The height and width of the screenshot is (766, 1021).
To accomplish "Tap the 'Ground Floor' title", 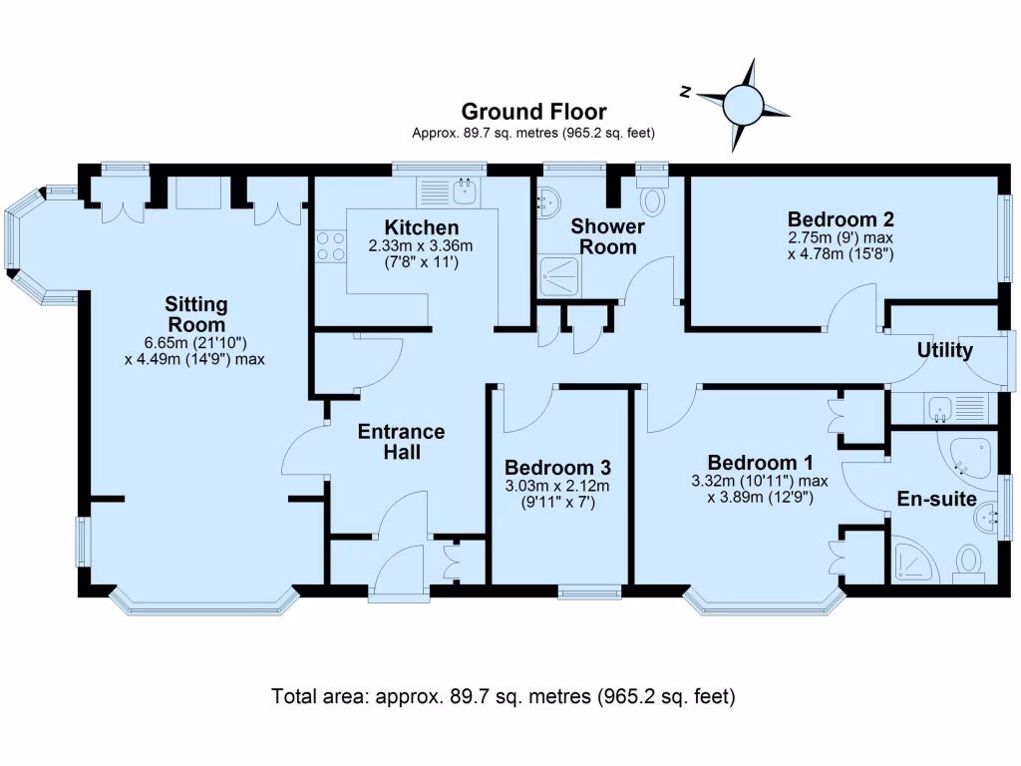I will tap(533, 112).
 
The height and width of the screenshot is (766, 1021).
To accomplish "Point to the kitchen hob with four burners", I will tap(330, 246).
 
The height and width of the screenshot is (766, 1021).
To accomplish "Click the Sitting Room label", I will tap(195, 314).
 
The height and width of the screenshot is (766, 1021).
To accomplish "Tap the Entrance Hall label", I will tap(401, 442).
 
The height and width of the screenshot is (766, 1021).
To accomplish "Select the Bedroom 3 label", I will tap(557, 467).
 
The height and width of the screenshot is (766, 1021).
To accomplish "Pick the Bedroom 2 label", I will tap(841, 219).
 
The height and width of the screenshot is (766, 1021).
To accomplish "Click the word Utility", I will tap(945, 351).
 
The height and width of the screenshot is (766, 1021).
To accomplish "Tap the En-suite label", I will tap(936, 499).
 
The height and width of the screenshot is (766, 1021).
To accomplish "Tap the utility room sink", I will tap(940, 407).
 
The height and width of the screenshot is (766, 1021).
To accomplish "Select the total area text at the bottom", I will tap(504, 696).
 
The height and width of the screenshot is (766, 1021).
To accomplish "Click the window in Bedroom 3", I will tap(588, 592).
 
